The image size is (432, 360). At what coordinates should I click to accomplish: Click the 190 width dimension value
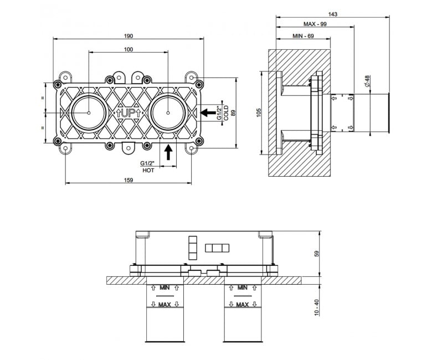[128, 36]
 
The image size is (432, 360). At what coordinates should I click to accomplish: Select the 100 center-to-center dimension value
[128, 49]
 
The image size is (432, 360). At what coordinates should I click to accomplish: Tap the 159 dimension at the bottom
[128, 180]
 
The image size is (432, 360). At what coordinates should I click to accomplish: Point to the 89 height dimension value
[233, 112]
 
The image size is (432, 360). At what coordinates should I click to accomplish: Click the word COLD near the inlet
[226, 112]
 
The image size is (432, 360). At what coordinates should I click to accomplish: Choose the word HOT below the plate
[148, 171]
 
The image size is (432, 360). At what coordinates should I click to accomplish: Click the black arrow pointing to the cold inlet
[208, 112]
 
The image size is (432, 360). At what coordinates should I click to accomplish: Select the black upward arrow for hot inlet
[168, 152]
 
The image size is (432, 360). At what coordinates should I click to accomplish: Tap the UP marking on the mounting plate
[128, 113]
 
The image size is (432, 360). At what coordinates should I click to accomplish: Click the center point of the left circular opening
[89, 112]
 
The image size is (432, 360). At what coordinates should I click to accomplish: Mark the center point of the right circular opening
[168, 112]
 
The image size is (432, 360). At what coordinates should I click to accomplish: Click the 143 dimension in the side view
[333, 14]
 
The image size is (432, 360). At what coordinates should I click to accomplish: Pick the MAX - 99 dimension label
[315, 24]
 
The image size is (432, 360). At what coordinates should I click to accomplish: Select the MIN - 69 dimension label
[303, 36]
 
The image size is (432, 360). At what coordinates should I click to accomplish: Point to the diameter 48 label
[368, 81]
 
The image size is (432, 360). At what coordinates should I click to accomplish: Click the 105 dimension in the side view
[259, 112]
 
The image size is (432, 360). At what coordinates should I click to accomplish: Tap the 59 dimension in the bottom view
[317, 254]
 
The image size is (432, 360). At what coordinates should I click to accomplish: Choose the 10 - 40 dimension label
[317, 307]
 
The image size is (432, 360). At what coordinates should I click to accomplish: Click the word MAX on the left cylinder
[164, 305]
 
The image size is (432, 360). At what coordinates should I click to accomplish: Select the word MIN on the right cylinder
[243, 287]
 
